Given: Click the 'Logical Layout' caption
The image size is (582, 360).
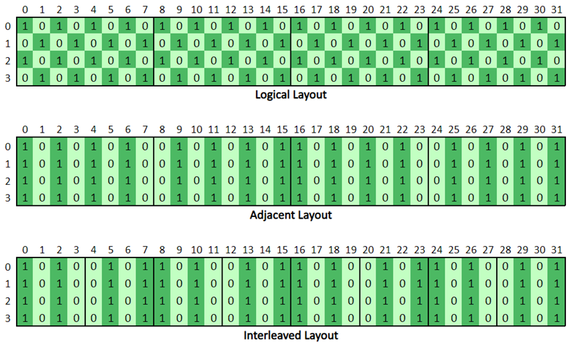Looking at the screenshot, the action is click(290, 95).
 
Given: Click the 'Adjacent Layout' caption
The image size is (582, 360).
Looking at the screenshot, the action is click(290, 215).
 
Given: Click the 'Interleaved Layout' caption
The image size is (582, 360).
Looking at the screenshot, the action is click(290, 335).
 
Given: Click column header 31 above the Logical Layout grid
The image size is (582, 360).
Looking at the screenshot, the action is click(556, 10).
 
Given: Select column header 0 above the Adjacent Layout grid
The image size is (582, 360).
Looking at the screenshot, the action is click(25, 130).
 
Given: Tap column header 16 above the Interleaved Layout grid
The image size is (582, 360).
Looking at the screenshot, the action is click(299, 250).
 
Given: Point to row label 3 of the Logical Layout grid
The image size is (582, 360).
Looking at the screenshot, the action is click(8, 78).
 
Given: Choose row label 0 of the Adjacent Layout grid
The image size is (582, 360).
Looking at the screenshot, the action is click(8, 147).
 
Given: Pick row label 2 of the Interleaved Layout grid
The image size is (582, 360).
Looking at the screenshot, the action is click(8, 301).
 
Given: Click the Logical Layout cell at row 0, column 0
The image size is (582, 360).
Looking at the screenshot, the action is click(25, 27).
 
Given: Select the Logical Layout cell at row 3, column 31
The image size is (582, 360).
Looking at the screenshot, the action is click(556, 78).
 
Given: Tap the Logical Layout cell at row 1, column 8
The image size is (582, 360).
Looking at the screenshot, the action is click(162, 43).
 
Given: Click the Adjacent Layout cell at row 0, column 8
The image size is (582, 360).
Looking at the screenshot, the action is click(162, 147).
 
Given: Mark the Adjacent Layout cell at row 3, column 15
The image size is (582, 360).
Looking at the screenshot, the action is click(282, 198).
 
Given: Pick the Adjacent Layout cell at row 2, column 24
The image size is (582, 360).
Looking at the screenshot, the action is click(437, 181).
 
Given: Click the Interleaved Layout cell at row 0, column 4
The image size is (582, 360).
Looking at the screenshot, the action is click(94, 267).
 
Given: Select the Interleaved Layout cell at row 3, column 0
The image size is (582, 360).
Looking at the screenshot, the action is click(25, 318).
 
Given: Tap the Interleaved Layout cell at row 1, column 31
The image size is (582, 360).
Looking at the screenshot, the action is click(556, 284).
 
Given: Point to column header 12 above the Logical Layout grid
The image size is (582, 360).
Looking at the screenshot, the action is click(230, 10).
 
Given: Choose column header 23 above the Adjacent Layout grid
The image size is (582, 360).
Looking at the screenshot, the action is click(419, 130).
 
